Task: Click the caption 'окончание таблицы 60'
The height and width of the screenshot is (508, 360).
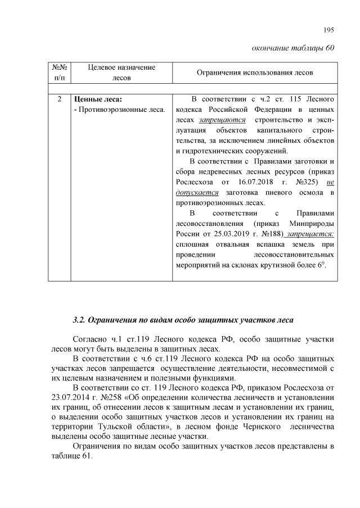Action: pos(293,47)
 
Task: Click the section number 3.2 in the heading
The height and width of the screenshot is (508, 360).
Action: pos(79,320)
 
